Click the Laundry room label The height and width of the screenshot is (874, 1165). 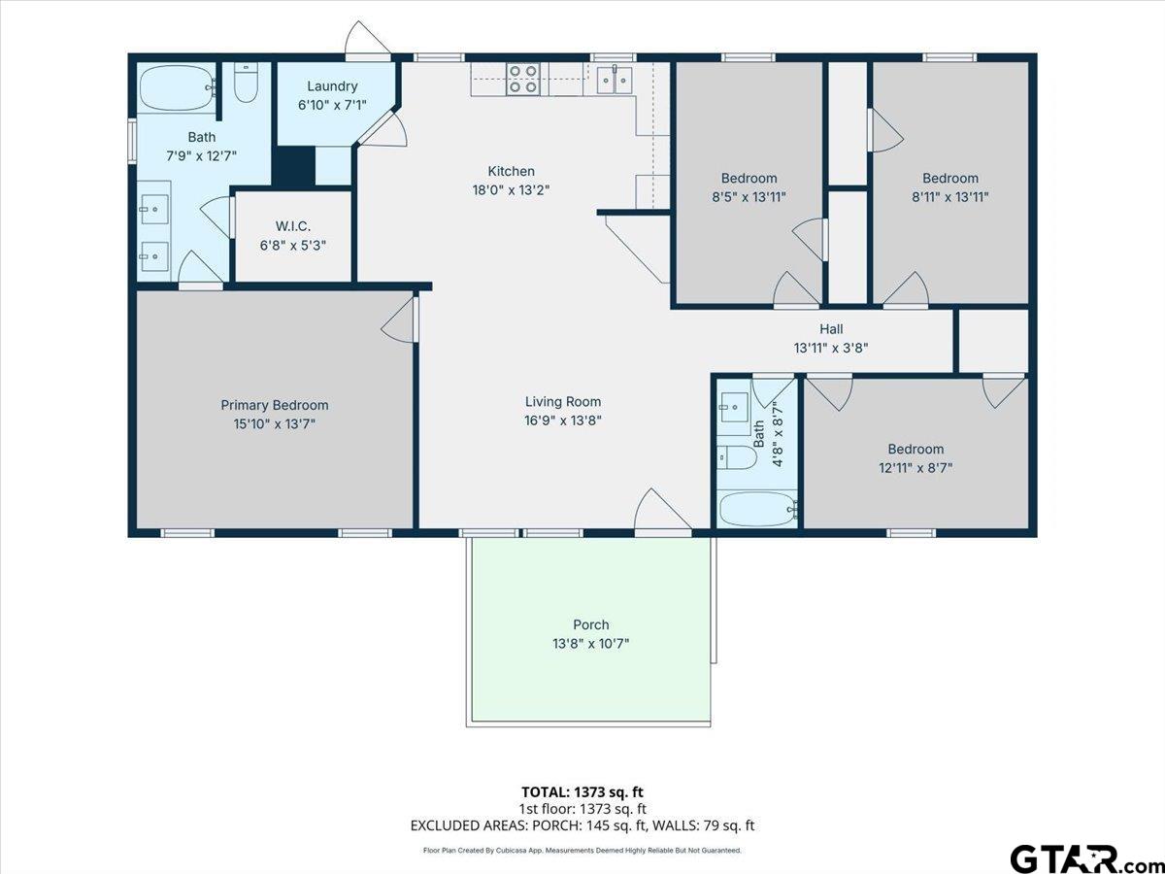[x=332, y=86]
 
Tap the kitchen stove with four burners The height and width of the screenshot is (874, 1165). [x=523, y=79]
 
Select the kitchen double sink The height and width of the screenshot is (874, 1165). [x=614, y=79]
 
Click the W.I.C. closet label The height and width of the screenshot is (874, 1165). [x=292, y=226]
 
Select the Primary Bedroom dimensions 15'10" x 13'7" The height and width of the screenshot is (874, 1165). [x=274, y=423]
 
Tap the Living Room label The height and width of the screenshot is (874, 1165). [x=562, y=401]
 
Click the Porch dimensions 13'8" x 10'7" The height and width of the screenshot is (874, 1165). [x=590, y=643]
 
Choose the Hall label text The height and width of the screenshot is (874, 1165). [x=830, y=329]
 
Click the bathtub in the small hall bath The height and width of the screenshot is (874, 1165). [x=756, y=508]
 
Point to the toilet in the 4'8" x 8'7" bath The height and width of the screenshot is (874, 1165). [x=739, y=456]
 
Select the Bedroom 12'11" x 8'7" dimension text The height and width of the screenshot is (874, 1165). [x=915, y=467]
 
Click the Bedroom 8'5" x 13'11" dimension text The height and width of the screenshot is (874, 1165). [x=749, y=196]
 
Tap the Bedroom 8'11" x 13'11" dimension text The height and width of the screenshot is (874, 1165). [x=949, y=196]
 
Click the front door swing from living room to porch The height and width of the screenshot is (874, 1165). [x=662, y=512]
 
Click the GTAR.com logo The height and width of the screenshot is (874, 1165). [x=1078, y=857]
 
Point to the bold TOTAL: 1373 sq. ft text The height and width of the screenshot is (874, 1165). [x=582, y=792]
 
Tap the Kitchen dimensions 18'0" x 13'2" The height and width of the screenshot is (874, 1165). [x=511, y=190]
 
